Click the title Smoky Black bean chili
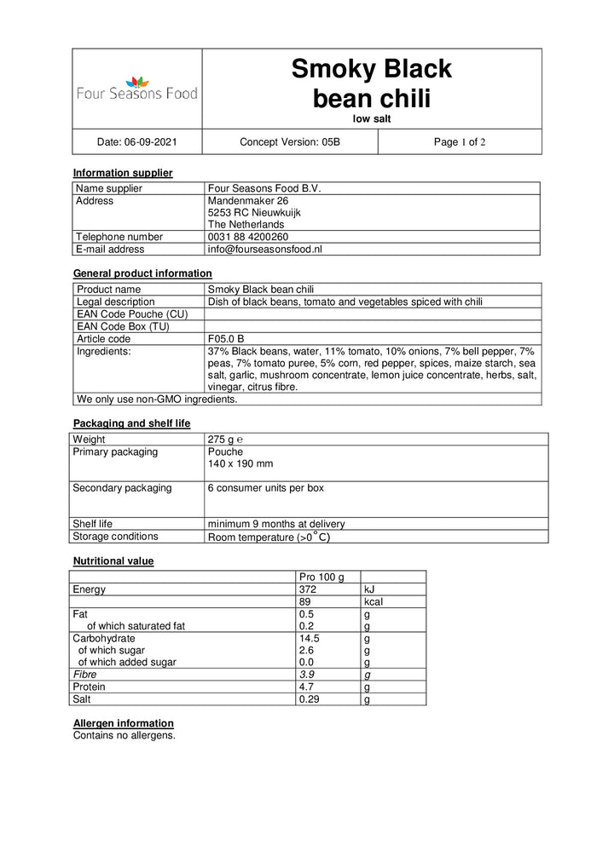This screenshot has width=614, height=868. coord(371,83)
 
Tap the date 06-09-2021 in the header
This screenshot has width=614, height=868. coord(137,142)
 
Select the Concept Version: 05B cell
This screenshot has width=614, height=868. coord(290,142)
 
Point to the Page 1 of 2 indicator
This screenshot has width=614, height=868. coord(460,142)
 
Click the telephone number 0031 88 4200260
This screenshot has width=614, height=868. coord(248,237)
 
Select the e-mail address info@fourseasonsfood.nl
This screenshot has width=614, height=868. coord(264,250)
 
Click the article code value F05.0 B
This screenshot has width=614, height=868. coord(227,338)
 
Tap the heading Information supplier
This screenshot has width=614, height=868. coord(123,173)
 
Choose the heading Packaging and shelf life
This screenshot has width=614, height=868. coord(131,423)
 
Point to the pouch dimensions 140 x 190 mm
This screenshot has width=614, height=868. coord(240,465)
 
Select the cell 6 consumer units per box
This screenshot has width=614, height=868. coord(265,488)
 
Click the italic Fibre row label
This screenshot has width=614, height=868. coord(84,674)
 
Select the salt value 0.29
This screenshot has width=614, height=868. coord(310,699)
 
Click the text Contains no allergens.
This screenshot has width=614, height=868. coord(125,735)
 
